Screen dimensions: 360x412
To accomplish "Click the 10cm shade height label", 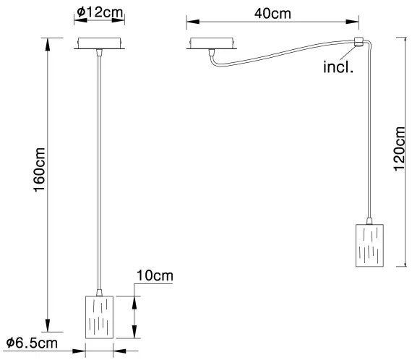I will point(153,276).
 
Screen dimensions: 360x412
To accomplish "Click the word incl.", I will point(338,69).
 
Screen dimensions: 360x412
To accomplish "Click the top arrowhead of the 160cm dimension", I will point(48,43).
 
